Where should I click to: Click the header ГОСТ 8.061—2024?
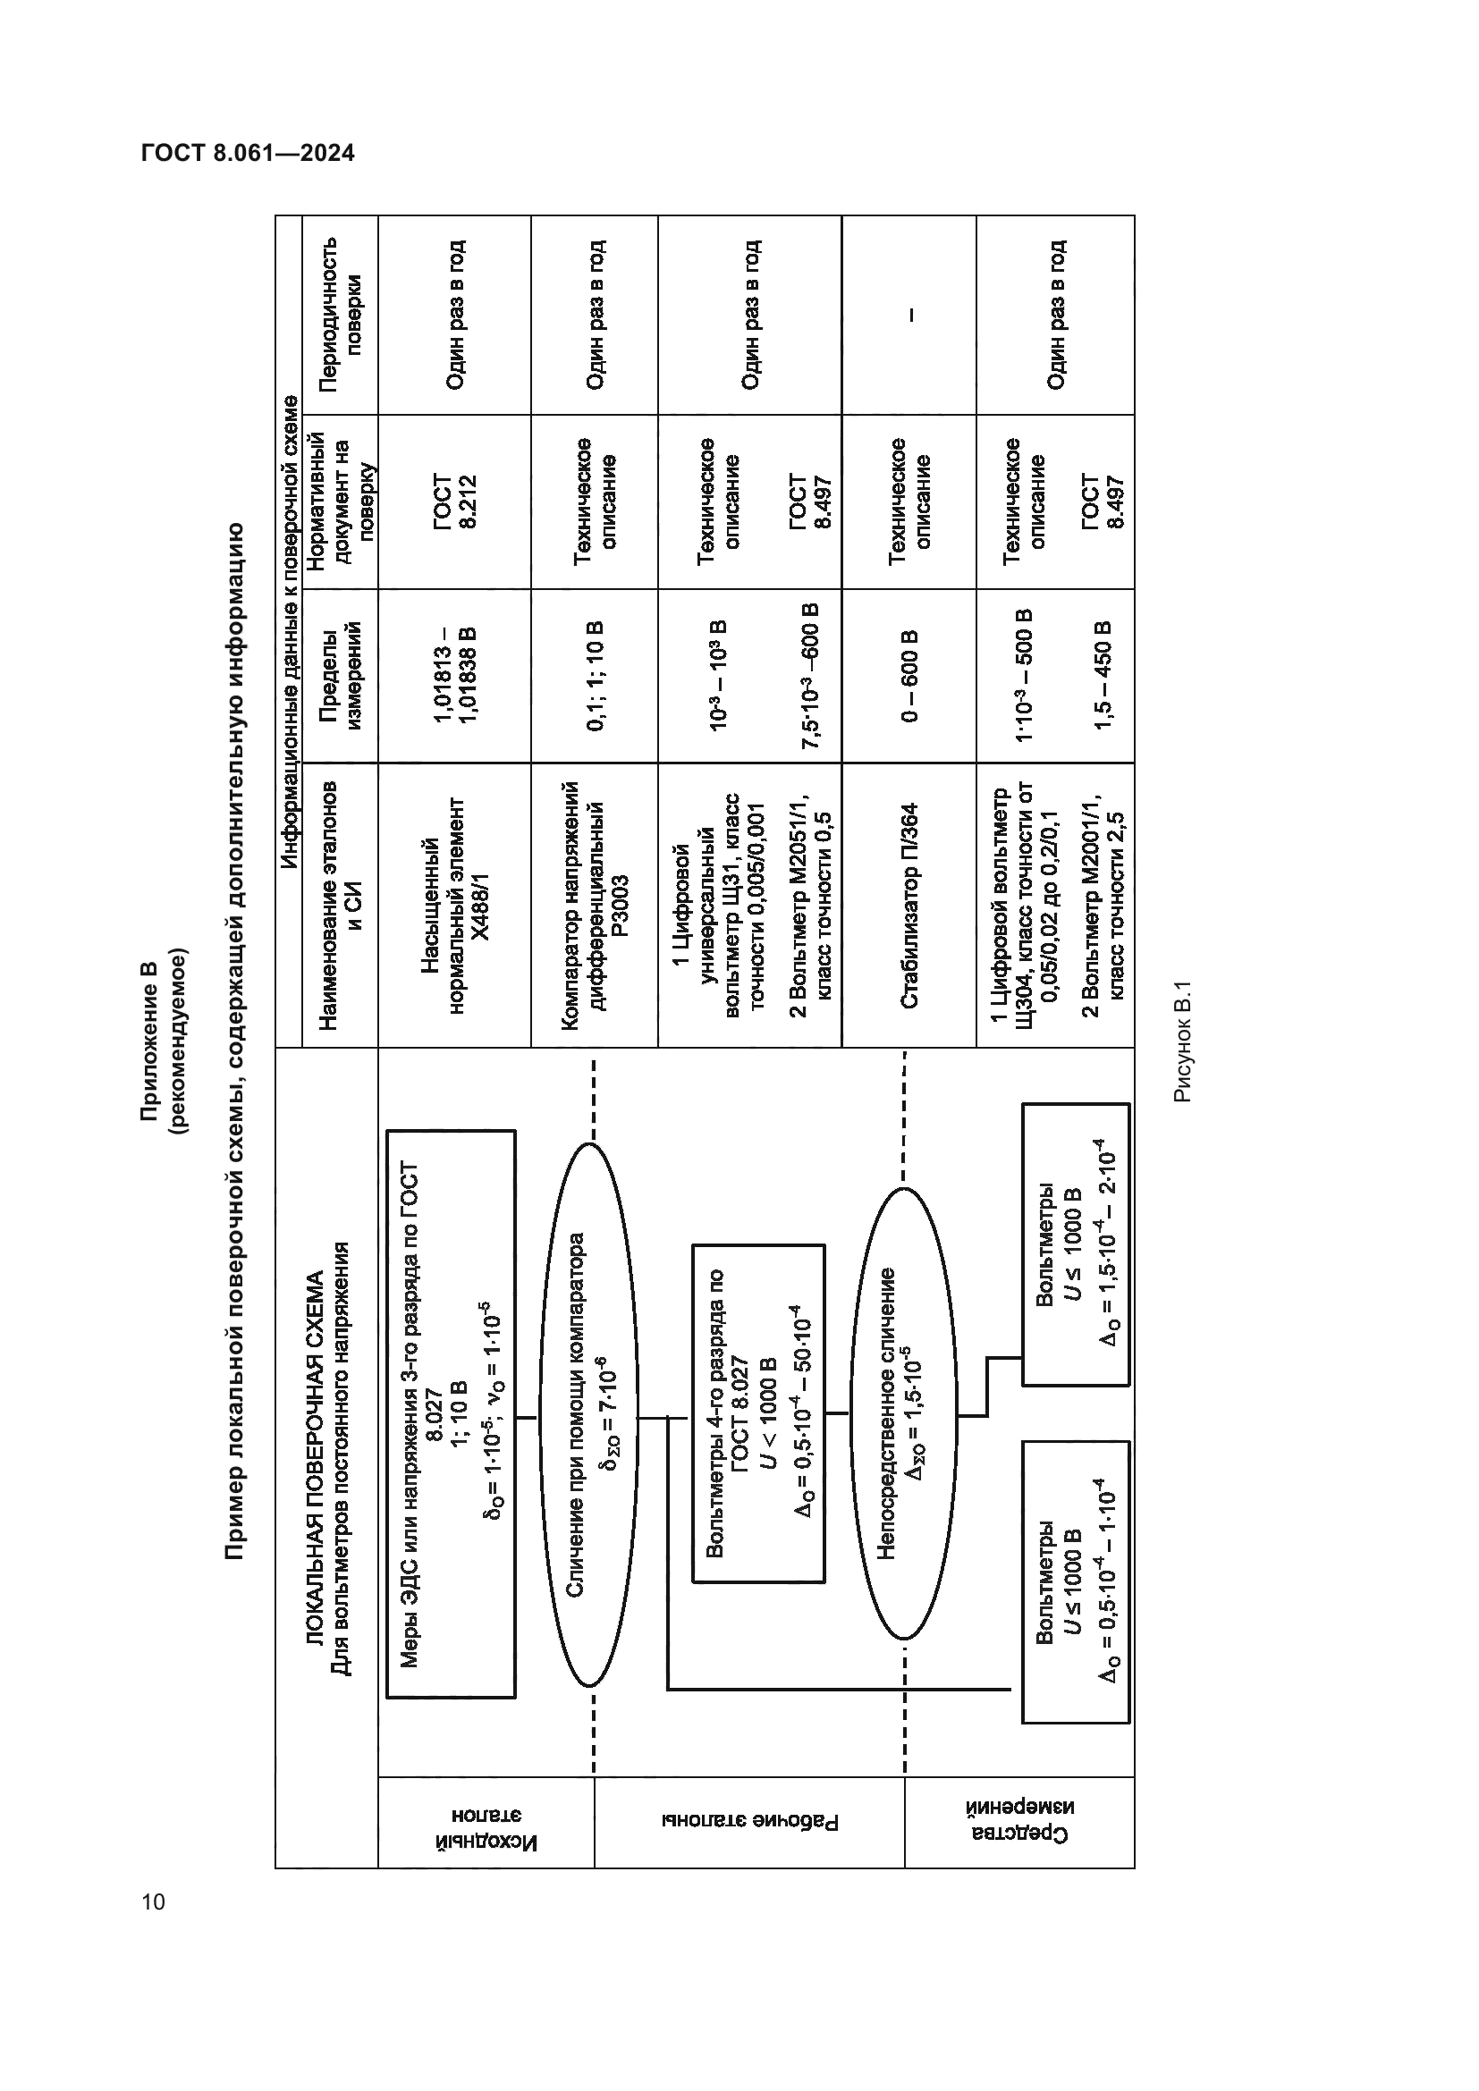coord(248,153)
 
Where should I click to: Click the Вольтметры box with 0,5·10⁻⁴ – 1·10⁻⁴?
coord(1076,1582)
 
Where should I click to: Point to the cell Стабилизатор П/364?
coord(909,906)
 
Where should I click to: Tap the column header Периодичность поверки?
coord(341,314)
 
